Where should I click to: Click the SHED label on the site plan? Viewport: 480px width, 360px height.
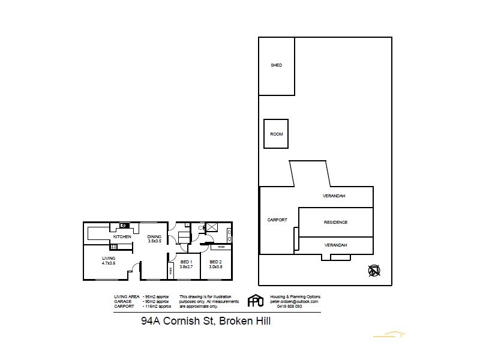(x=276, y=65)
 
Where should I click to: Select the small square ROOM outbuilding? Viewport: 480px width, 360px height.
(x=276, y=134)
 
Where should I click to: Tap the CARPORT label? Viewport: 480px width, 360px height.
(x=277, y=220)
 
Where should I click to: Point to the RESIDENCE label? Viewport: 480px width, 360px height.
(x=335, y=222)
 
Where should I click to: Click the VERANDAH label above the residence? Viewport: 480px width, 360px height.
(x=334, y=196)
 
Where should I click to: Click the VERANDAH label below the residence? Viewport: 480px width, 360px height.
(x=335, y=245)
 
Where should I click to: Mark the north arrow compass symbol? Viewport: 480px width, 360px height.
(x=374, y=271)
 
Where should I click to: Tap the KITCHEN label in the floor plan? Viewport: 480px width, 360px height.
(x=122, y=237)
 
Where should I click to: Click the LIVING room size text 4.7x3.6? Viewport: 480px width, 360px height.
(x=108, y=263)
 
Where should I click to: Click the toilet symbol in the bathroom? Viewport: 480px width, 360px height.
(x=187, y=228)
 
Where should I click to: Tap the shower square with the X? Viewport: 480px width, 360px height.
(x=211, y=227)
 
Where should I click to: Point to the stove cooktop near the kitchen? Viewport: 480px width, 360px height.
(x=125, y=226)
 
